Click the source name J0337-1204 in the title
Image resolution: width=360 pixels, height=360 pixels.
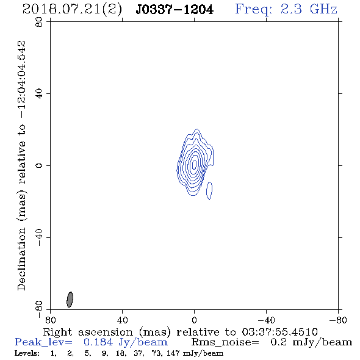[x=175, y=10]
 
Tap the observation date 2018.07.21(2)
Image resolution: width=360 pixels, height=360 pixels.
[x=72, y=10]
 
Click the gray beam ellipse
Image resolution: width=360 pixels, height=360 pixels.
[x=70, y=300]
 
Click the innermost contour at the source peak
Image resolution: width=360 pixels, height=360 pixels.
[x=194, y=164]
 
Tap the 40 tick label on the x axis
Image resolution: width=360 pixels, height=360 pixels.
[x=122, y=320]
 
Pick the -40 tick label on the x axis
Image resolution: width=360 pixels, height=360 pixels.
[x=266, y=320]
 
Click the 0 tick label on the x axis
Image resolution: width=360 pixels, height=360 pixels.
[x=194, y=320]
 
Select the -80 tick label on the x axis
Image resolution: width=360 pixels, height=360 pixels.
[x=338, y=320]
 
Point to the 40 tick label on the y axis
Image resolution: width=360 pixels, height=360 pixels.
[x=39, y=93]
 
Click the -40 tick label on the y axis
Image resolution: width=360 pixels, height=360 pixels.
[x=39, y=237]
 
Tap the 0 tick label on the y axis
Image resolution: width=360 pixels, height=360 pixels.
[x=39, y=165]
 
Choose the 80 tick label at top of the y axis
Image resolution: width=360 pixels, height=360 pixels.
[x=39, y=22]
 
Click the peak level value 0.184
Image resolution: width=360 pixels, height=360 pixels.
[x=98, y=342]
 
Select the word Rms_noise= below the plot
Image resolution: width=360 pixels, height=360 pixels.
[x=225, y=342]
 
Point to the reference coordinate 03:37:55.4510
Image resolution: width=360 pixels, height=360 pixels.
[x=279, y=332]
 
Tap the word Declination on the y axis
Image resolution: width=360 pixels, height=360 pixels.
[x=21, y=259]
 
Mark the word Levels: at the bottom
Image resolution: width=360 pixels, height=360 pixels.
[x=27, y=353]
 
